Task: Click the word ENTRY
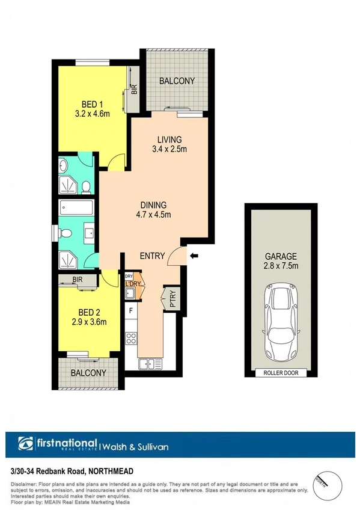tap(152, 256)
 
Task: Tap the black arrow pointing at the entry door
tap(194, 256)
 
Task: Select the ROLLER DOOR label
tap(281, 373)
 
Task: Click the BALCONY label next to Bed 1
tap(177, 81)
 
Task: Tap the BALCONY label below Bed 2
tap(88, 373)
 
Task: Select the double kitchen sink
tap(150, 363)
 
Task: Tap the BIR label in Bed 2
tap(78, 280)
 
